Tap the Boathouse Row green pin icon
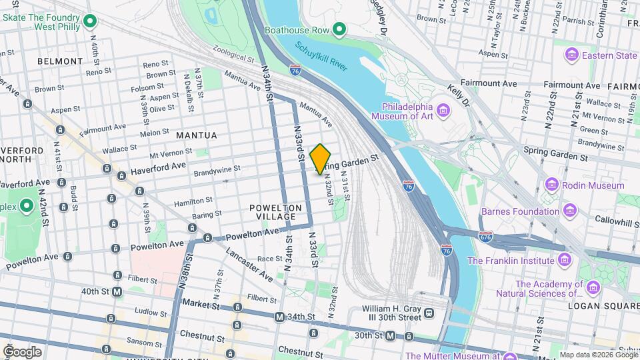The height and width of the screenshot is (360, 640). (339, 29)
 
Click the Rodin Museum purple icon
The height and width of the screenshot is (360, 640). (551, 183)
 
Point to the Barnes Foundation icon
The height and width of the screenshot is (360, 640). (570, 211)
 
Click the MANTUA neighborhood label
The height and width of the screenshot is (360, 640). (196, 135)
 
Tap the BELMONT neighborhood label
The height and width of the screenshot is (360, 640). (60, 61)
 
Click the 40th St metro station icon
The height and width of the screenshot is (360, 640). (117, 291)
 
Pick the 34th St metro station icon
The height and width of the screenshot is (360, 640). (279, 317)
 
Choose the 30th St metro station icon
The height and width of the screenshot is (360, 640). (391, 336)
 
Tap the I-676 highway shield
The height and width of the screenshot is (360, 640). (486, 236)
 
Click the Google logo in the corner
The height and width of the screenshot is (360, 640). (22, 351)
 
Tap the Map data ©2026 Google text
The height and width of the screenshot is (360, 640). (598, 354)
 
